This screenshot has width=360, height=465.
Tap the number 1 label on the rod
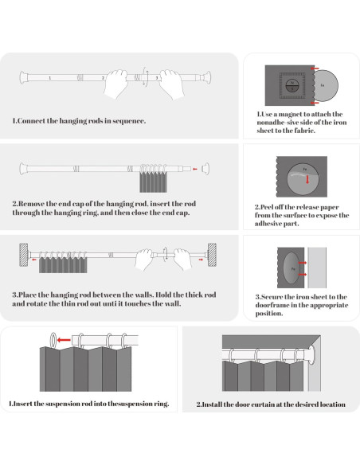[x=50, y=78]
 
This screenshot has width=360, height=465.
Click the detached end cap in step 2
[x=205, y=169]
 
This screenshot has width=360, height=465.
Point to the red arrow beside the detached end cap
[x=195, y=169]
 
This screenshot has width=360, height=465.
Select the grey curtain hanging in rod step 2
[x=153, y=182]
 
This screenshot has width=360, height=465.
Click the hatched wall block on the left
[x=24, y=255]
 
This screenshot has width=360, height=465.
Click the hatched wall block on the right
[x=212, y=255]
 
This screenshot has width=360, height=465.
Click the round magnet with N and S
[x=292, y=85]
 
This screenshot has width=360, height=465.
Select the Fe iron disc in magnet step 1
[x=326, y=85]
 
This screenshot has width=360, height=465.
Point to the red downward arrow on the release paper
[x=307, y=179]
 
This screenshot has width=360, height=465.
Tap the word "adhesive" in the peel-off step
[x=268, y=223]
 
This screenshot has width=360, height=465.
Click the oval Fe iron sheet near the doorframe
[x=292, y=268]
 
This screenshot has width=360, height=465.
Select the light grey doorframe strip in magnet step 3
[x=317, y=268]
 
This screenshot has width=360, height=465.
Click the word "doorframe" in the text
[x=272, y=305]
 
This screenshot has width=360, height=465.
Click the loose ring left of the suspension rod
[x=53, y=339]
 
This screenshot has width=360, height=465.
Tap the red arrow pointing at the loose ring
[x=65, y=340]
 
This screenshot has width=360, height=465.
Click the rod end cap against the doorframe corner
[x=311, y=355]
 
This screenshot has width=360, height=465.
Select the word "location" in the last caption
[x=332, y=404]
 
